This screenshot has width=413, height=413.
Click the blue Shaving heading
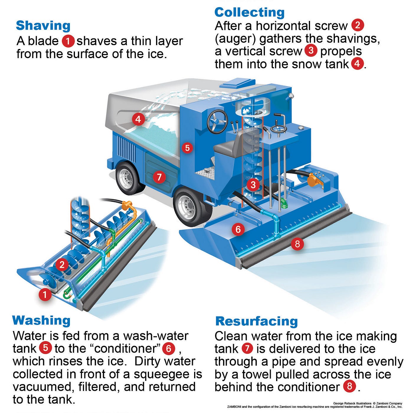pyautogui.click(x=43, y=26)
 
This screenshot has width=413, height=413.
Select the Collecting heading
pyautogui.click(x=249, y=12)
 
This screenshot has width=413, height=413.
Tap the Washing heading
pyautogui.click(x=41, y=320)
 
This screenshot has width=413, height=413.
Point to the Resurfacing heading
pyautogui.click(x=256, y=321)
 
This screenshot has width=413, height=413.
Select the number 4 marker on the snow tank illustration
pyautogui.click(x=138, y=119)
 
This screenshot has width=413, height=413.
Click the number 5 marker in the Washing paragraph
pyautogui.click(x=45, y=348)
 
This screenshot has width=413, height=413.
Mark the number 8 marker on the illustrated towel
pyautogui.click(x=297, y=244)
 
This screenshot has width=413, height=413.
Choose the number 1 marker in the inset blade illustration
pyautogui.click(x=45, y=294)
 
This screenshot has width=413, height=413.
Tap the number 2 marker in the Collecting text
pyautogui.click(x=358, y=25)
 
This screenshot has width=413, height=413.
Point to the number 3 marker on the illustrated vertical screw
pyautogui.click(x=253, y=185)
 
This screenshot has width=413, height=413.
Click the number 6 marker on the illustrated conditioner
pyautogui.click(x=238, y=229)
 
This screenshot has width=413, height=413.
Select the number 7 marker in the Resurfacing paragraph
pyautogui.click(x=247, y=348)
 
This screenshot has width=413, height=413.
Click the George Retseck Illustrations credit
pyautogui.click(x=352, y=403)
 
